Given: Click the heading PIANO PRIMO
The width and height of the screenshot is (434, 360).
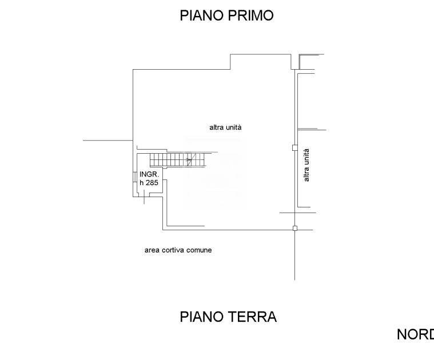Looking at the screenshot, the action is point(227,15).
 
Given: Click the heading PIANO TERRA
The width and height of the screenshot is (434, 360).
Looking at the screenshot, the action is point(228,317).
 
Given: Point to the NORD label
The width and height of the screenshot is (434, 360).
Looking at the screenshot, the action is point(415,335).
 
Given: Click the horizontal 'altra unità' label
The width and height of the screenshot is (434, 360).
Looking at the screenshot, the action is point(225,127).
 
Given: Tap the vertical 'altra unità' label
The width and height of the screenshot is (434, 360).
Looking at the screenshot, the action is point(306,165).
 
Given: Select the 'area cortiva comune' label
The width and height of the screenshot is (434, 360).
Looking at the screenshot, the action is point(178,250).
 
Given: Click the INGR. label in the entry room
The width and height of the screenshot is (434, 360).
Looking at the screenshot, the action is point(149,174).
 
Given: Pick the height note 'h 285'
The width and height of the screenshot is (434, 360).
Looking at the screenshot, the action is point(149,183).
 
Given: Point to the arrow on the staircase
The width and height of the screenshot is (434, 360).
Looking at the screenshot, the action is point(189,159).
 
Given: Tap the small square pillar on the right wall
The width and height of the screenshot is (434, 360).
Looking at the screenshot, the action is point(294,147).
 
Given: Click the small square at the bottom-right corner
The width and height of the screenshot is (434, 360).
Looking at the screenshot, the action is point(295,229).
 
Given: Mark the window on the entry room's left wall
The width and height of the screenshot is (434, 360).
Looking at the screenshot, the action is point(136,177).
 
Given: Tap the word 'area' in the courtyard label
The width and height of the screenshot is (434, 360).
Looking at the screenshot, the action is point(152,250).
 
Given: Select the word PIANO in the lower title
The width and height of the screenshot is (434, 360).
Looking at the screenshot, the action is point(197,317).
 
